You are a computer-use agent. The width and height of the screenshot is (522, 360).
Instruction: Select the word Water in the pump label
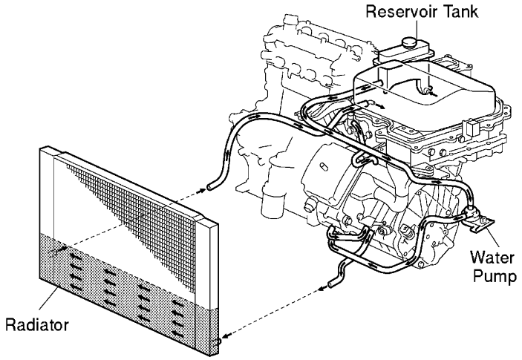487,260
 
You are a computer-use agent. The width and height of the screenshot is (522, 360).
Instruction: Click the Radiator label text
35,325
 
